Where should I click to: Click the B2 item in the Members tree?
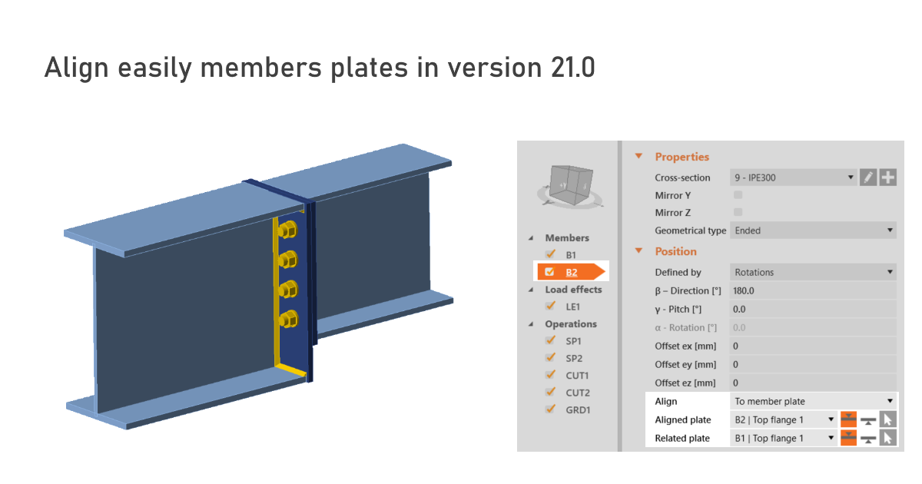pos(572,272)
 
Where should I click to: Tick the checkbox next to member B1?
pos(550,254)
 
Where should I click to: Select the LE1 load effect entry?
pos(572,306)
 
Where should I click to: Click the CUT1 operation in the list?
pos(577,375)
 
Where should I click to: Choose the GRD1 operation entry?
pos(579,409)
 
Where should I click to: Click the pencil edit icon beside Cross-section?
pos(867,177)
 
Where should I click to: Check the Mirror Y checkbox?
pos(738,195)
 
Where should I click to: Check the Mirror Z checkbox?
pos(738,212)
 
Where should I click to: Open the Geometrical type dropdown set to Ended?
pos(813,230)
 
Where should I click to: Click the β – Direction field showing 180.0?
pos(813,290)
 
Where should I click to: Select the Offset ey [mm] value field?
pos(813,364)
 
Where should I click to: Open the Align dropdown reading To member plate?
pos(813,401)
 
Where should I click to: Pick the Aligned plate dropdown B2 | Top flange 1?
pos(782,419)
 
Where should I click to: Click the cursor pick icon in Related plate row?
pos(887,438)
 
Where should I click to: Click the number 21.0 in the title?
pos(572,68)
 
